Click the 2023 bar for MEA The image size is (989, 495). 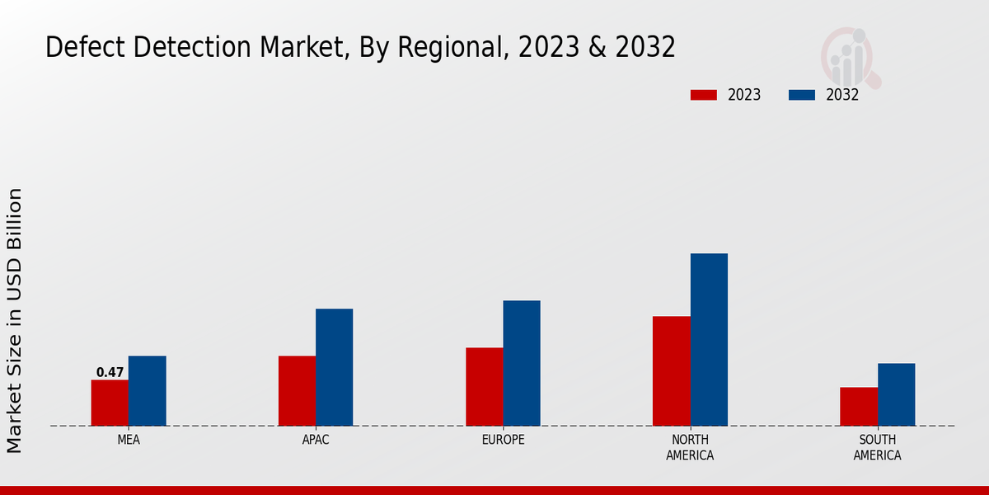click(x=110, y=403)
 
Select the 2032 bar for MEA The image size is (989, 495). click(x=147, y=391)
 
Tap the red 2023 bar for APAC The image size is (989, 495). click(x=297, y=391)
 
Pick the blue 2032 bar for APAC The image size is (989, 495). click(x=334, y=367)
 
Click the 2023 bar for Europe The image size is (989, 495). click(x=484, y=387)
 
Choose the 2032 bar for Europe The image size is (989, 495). click(x=522, y=363)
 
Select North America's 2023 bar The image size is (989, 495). click(x=671, y=371)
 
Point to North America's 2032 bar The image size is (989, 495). click(x=709, y=340)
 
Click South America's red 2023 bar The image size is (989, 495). click(x=859, y=407)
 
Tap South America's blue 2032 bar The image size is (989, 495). click(x=896, y=394)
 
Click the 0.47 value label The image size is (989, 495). click(x=110, y=373)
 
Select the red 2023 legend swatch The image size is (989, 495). click(x=704, y=95)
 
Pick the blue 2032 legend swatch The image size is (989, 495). click(x=802, y=95)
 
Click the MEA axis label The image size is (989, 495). click(x=129, y=440)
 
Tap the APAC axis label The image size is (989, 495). click(x=316, y=440)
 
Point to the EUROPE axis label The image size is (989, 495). click(x=503, y=440)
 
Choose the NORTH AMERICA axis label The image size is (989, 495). click(x=690, y=447)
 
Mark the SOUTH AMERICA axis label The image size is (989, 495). click(x=877, y=447)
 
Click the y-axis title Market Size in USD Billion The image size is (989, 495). click(x=15, y=320)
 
